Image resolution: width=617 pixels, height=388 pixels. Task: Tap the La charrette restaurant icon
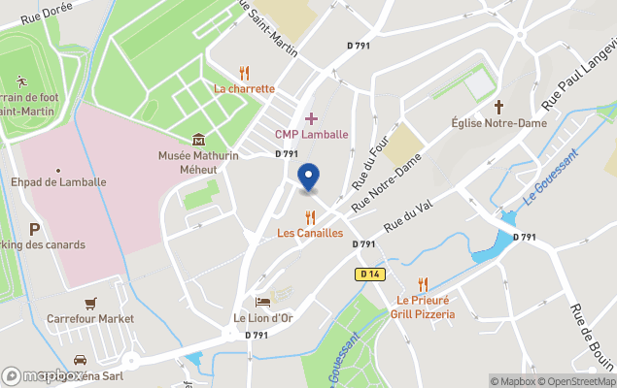coord(244,73)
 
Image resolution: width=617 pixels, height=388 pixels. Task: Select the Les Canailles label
coord(310,233)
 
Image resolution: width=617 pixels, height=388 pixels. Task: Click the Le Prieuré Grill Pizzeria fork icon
coord(423,284)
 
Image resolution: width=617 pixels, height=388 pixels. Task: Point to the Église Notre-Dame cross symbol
coord(499,106)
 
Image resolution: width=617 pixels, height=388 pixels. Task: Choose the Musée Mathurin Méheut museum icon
coord(199,140)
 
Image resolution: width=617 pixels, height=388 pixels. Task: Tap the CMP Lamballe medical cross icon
coord(311,117)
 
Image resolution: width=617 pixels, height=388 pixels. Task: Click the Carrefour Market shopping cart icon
coord(90,303)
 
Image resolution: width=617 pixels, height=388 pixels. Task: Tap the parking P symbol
coord(34,229)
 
